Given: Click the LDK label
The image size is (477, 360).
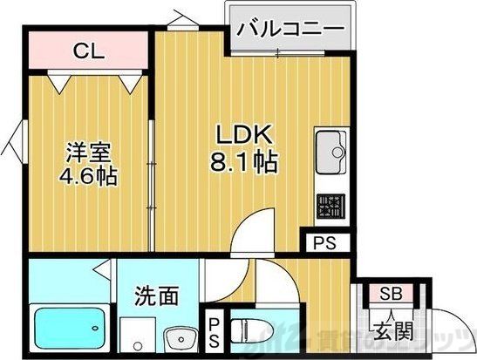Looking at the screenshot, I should pyautogui.click(x=246, y=137).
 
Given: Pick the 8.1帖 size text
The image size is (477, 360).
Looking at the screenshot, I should pyautogui.click(x=246, y=163).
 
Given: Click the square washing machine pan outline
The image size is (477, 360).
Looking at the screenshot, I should pyautogui.click(x=136, y=335).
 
